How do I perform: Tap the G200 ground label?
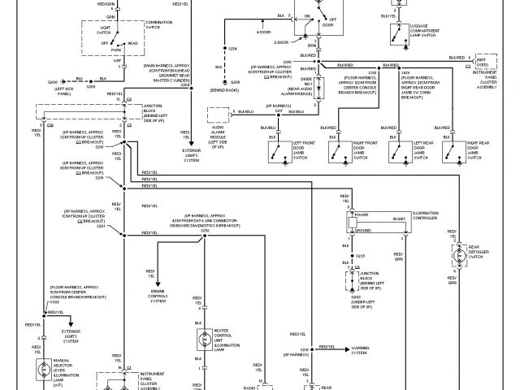[x=53, y=82]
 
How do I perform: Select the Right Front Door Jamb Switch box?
[x=333, y=147]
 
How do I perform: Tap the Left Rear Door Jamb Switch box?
[x=396, y=147]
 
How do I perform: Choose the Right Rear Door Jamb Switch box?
[x=444, y=147]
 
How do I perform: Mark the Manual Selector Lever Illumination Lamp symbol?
[x=39, y=370]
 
